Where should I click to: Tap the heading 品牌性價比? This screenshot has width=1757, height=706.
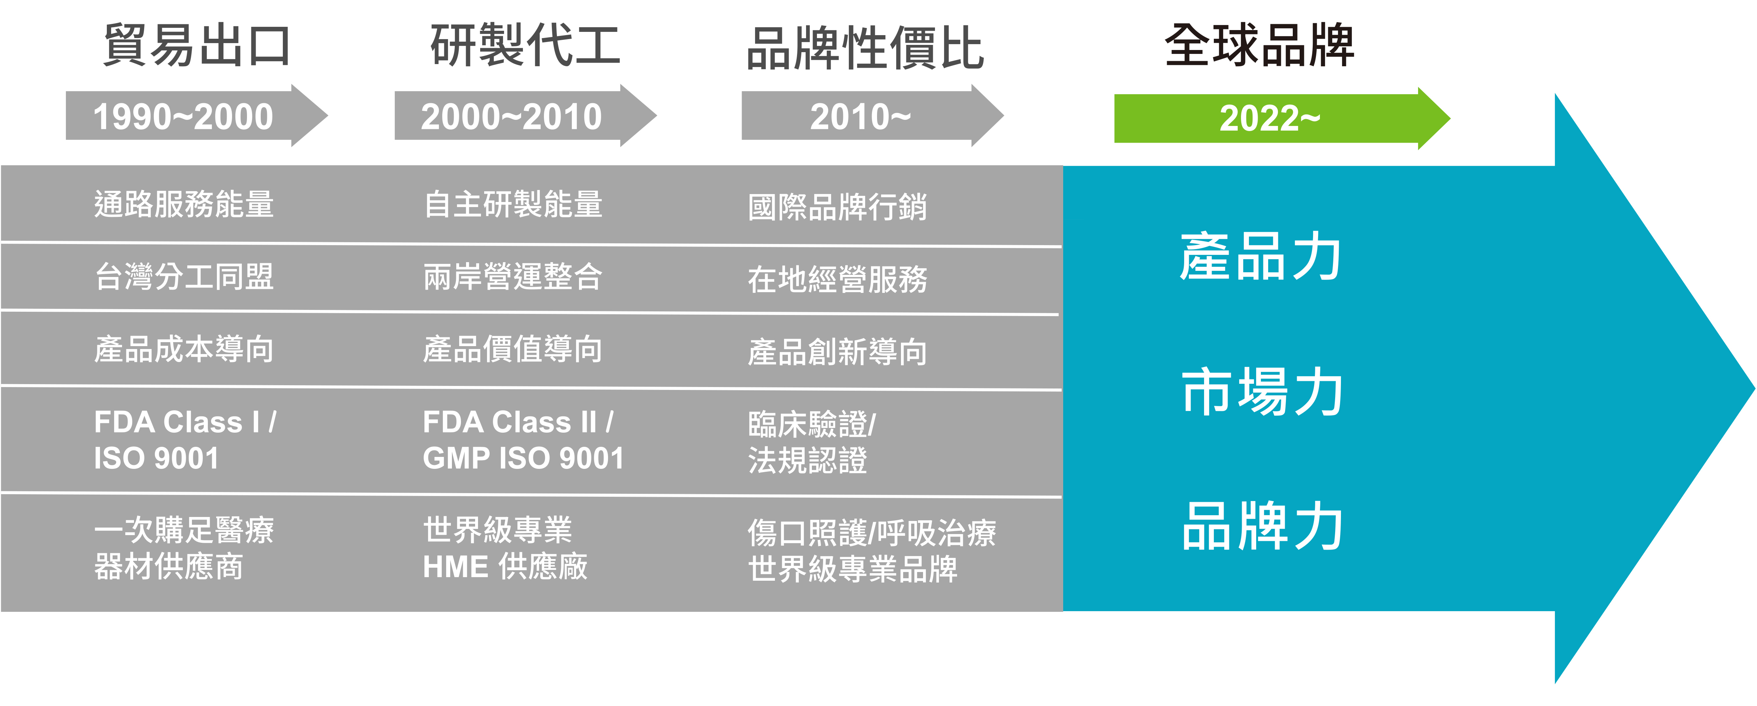865,48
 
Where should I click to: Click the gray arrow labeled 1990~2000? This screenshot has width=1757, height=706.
184,116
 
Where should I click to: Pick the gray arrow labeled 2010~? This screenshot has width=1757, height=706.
861,116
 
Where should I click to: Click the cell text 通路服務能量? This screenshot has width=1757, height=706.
184,204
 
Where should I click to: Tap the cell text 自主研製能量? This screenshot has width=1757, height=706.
513,204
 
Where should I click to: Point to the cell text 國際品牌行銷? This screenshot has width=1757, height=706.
838,207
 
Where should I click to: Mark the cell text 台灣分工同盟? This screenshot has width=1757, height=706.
184,276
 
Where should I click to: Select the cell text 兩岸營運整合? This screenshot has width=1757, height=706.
513,276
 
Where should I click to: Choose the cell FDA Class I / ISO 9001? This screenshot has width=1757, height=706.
184,440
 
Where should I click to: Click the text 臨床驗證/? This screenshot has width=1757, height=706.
812,424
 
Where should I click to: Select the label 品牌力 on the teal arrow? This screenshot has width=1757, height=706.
1262,526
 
